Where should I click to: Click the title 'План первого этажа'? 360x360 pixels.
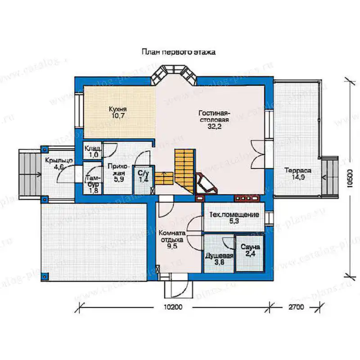point(178,52)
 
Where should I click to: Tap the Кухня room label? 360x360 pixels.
point(118,108)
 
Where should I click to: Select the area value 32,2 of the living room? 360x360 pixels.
point(215,126)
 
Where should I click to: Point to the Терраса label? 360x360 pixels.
point(298,171)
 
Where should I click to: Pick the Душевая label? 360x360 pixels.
point(219,256)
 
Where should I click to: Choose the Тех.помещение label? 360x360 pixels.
point(234,215)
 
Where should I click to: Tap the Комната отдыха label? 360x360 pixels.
point(172,237)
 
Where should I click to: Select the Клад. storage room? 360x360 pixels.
point(92,151)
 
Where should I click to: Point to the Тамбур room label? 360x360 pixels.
point(93,181)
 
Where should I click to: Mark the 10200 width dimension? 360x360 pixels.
point(173,307)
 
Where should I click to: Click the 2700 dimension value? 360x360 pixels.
point(296,307)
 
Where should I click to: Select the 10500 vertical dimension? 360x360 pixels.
point(349,179)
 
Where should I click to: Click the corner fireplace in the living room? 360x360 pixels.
point(206,183)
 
